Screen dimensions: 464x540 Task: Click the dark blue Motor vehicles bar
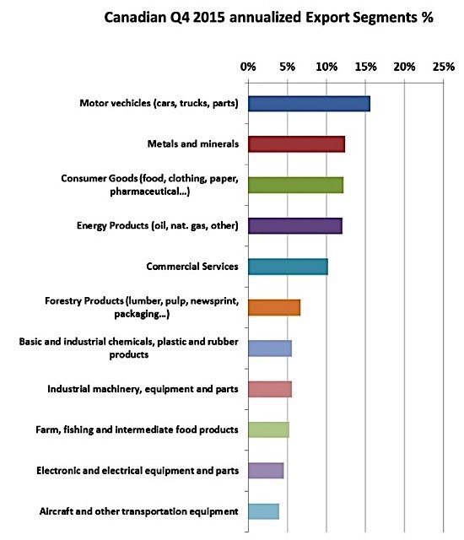pyautogui.click(x=309, y=104)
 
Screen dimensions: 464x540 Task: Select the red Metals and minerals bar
pyautogui.click(x=296, y=144)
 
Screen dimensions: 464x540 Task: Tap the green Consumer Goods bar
pyautogui.click(x=295, y=185)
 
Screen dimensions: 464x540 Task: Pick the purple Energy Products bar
pyautogui.click(x=295, y=226)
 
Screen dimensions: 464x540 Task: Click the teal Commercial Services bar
pyautogui.click(x=288, y=267)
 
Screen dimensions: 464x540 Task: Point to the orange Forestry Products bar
pyautogui.click(x=274, y=307)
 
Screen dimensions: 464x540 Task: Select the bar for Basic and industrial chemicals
pyautogui.click(x=270, y=348)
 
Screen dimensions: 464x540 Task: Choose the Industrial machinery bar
pyautogui.click(x=270, y=389)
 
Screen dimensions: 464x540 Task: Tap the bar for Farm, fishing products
pyautogui.click(x=268, y=429)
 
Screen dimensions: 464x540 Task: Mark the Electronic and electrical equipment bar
pyautogui.click(x=266, y=471)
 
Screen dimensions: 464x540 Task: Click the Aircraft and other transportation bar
pyautogui.click(x=264, y=511)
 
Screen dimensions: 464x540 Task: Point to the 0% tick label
pyautogui.click(x=248, y=67)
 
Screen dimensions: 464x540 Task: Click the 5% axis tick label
pyautogui.click(x=287, y=67)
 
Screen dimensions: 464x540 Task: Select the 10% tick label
pyautogui.click(x=326, y=67)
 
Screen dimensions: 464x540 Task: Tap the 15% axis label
pyautogui.click(x=365, y=67)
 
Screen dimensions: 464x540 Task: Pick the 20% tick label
pyautogui.click(x=404, y=67)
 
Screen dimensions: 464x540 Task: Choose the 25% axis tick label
pyautogui.click(x=444, y=67)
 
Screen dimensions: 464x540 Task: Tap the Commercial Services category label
pyautogui.click(x=192, y=267)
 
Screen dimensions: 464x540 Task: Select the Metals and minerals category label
pyautogui.click(x=192, y=144)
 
